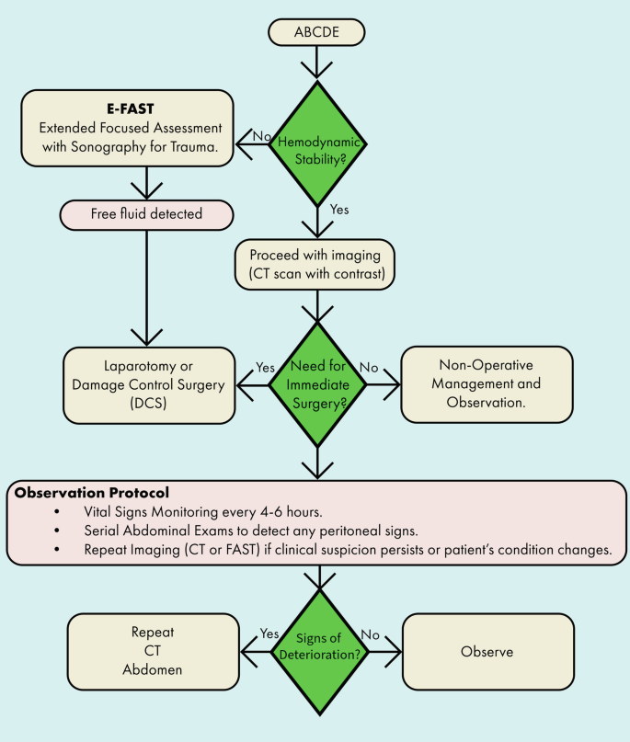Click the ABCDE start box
tap(316, 31)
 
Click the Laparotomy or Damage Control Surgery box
tap(147, 384)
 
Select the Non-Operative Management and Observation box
tap(487, 384)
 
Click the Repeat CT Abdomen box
tap(153, 652)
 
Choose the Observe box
tap(487, 652)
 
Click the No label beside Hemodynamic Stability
tap(262, 135)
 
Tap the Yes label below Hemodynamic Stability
tap(339, 210)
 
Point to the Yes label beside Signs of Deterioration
tap(269, 634)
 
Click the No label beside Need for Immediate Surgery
tap(369, 368)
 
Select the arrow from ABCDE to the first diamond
tap(316, 61)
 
